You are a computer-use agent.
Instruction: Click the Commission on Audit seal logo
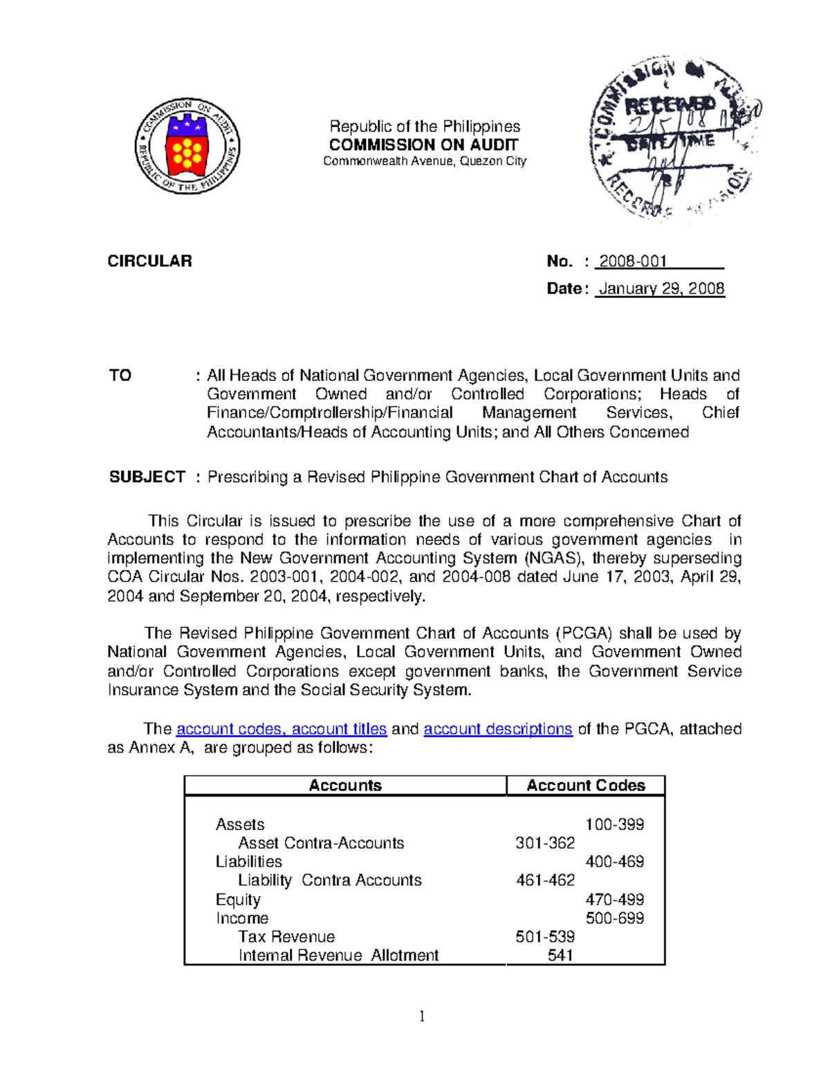(x=187, y=146)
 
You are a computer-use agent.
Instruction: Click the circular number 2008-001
(x=633, y=261)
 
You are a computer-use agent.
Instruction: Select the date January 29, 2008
(x=661, y=289)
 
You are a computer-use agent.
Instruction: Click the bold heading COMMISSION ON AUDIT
(x=423, y=145)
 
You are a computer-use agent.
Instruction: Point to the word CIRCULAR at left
(x=149, y=261)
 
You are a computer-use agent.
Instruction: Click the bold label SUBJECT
(x=147, y=477)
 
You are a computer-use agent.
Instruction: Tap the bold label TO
(x=120, y=376)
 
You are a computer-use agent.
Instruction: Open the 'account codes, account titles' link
(x=282, y=729)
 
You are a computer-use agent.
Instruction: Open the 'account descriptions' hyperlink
(x=498, y=729)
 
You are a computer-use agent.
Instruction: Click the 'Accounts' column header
(x=345, y=786)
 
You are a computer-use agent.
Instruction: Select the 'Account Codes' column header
(x=585, y=786)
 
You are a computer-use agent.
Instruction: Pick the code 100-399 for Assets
(x=614, y=824)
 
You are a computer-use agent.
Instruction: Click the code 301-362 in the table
(x=545, y=843)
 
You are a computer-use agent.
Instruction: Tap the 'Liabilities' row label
(x=249, y=862)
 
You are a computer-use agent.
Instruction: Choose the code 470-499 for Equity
(x=614, y=900)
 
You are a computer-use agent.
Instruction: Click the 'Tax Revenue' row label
(x=286, y=937)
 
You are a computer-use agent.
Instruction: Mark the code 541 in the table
(x=560, y=956)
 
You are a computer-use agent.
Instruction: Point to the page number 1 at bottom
(x=422, y=1016)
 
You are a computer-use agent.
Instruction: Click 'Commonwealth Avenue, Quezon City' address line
(x=425, y=161)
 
